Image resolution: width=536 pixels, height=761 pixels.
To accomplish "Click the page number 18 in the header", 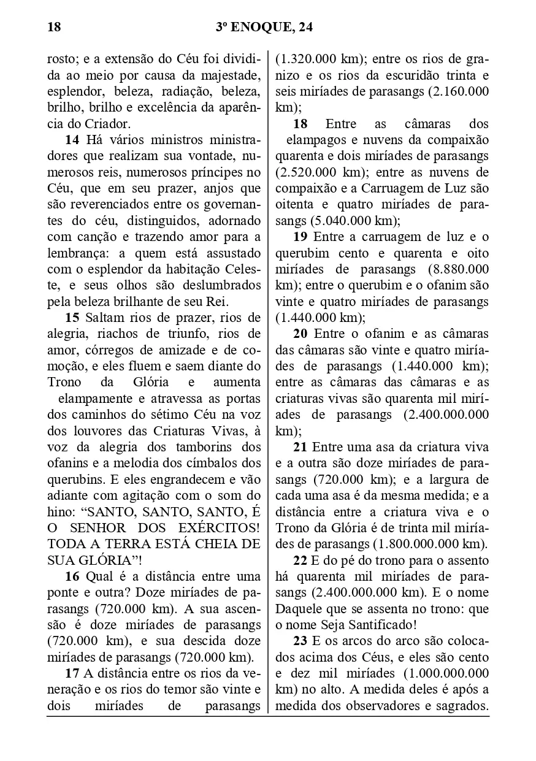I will pos(53,27).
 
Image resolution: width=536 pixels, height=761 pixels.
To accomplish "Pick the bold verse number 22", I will pos(301,560).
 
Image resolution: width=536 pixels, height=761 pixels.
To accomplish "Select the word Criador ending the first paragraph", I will pos(101,124).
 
